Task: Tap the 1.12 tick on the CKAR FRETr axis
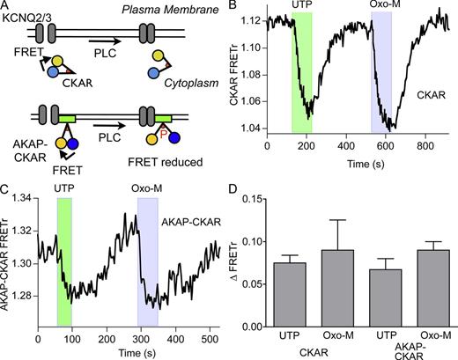[255, 18]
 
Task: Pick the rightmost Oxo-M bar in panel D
[419, 290]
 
